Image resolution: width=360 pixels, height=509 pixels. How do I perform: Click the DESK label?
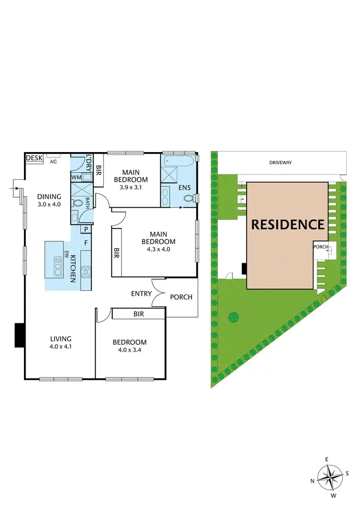pyautogui.click(x=34, y=158)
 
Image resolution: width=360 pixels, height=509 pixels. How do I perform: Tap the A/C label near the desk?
pyautogui.click(x=54, y=162)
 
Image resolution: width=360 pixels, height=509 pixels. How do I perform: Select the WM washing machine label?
pyautogui.click(x=76, y=178)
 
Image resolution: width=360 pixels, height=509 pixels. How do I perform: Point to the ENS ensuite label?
pyautogui.click(x=184, y=188)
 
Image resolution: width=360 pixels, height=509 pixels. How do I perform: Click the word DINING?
pyautogui.click(x=49, y=196)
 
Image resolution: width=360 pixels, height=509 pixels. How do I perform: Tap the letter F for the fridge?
pyautogui.click(x=86, y=243)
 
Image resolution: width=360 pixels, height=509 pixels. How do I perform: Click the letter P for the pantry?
pyautogui.click(x=83, y=229)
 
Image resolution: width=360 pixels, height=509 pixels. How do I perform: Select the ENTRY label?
pyautogui.click(x=141, y=294)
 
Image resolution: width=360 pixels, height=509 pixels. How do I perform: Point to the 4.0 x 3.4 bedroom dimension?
pyautogui.click(x=129, y=350)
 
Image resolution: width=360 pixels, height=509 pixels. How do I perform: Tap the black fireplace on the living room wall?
pyautogui.click(x=19, y=335)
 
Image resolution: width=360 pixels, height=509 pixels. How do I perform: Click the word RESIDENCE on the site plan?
pyautogui.click(x=288, y=224)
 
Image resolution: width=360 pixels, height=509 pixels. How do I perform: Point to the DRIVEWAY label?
pyautogui.click(x=281, y=163)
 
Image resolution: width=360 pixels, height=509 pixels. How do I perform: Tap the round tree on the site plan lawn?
pyautogui.click(x=234, y=317)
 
